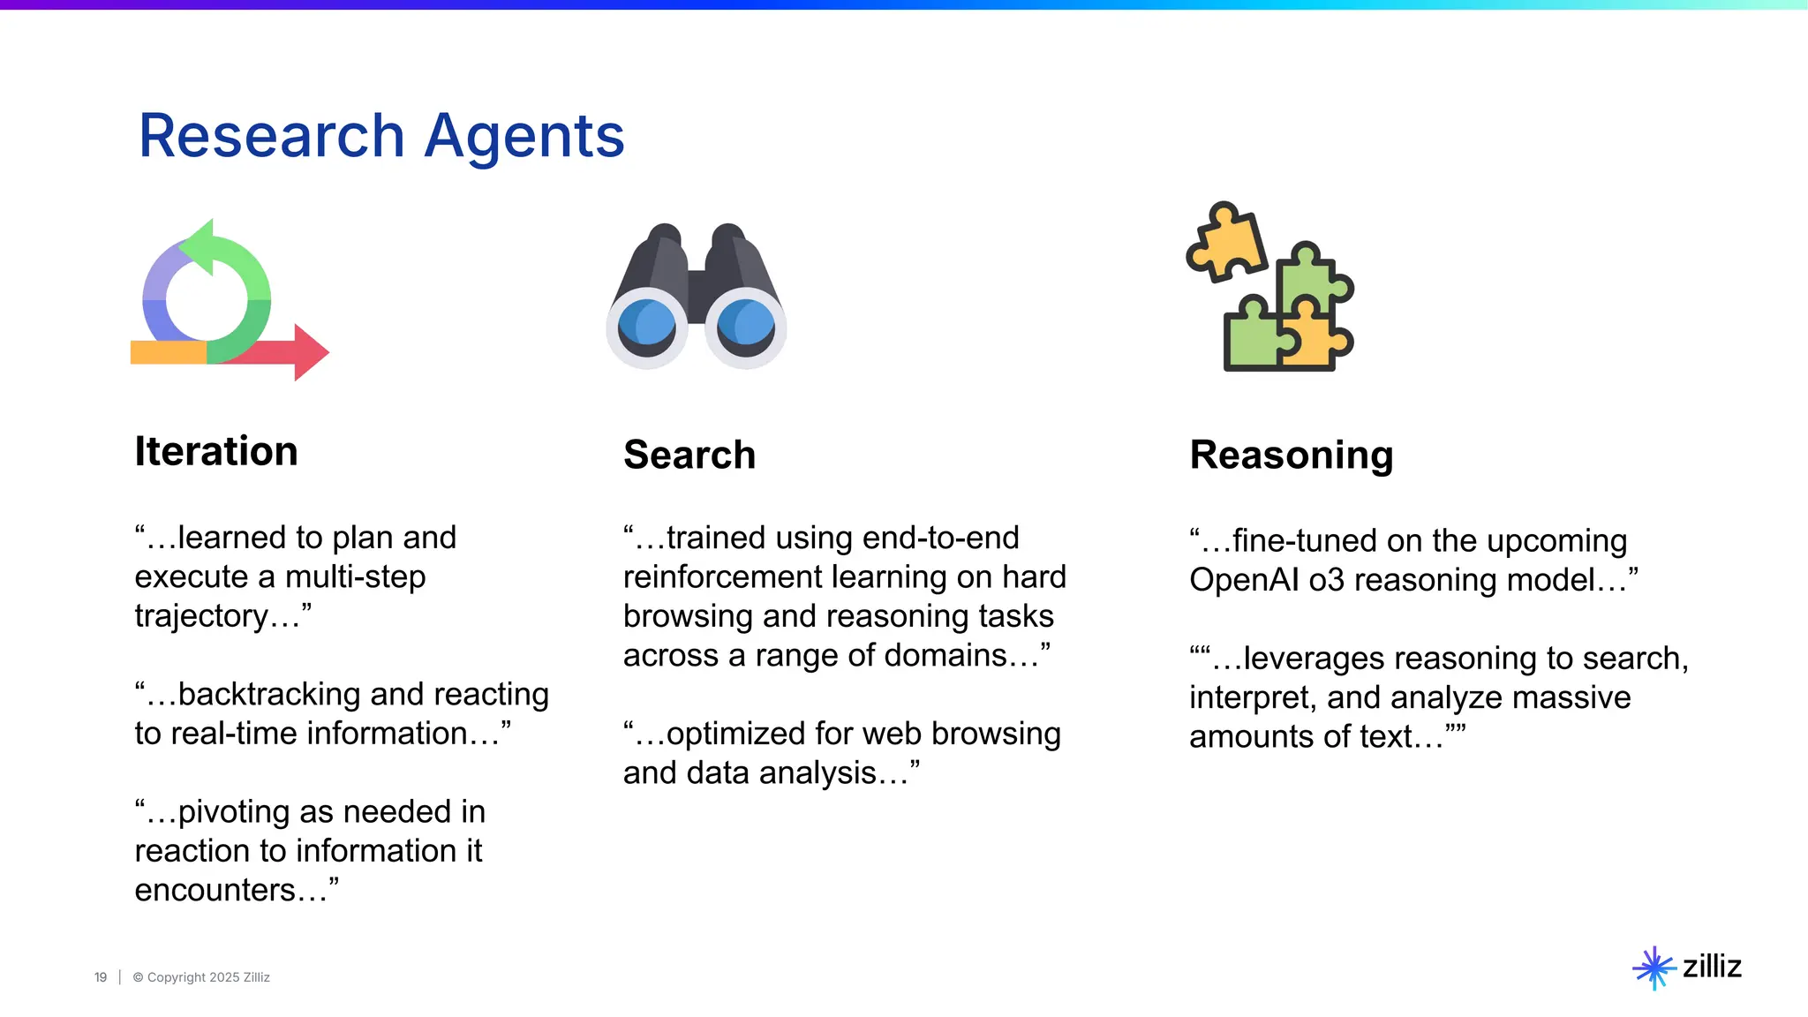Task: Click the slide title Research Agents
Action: [381, 136]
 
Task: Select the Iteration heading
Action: [216, 451]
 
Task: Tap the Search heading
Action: [689, 455]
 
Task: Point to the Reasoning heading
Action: [1292, 455]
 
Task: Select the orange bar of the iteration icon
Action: [168, 352]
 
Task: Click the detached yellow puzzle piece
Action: [1226, 242]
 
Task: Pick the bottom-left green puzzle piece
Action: [1250, 341]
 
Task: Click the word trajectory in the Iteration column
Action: [200, 616]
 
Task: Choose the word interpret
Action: [1253, 697]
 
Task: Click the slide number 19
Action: [101, 977]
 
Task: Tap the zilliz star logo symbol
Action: [1654, 968]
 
